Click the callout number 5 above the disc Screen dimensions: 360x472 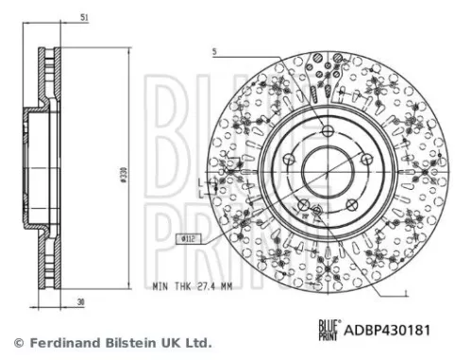pos(215,53)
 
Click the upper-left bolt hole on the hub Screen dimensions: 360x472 pos(289,158)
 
